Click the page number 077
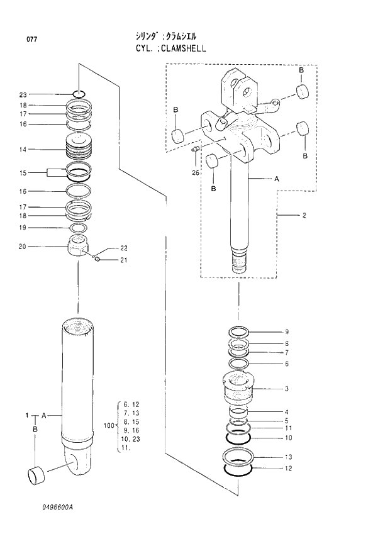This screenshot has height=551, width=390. point(31,40)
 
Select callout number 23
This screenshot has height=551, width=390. point(23,95)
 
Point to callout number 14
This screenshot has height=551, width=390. point(23,150)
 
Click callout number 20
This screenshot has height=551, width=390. point(23,246)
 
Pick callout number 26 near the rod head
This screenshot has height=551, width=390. point(195,172)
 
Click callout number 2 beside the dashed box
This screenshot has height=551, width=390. point(304,216)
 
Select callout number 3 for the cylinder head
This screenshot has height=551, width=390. point(286,389)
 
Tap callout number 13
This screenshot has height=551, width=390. point(288,457)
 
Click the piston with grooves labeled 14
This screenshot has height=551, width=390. point(79,150)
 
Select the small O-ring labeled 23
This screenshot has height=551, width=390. point(79,95)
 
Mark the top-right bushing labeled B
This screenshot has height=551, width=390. point(303,92)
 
